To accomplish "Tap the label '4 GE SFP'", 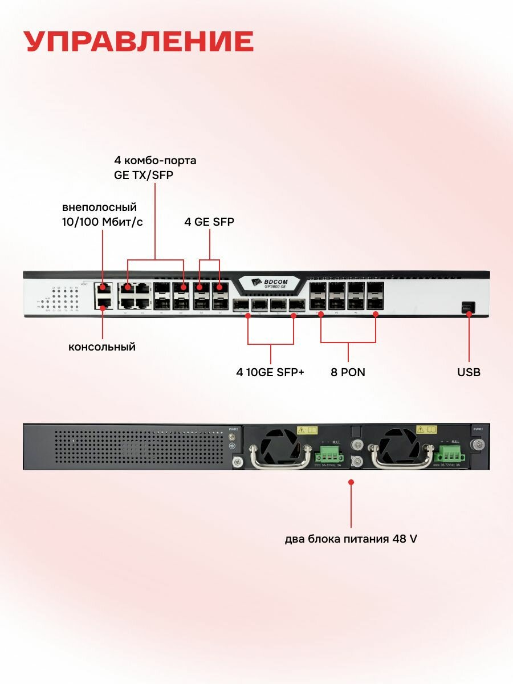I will pyautogui.click(x=209, y=222).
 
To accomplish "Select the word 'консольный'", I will pyautogui.click(x=102, y=347).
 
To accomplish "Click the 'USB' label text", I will pyautogui.click(x=469, y=372).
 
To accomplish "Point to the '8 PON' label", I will pyautogui.click(x=348, y=372).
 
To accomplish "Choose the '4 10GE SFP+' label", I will pyautogui.click(x=270, y=372).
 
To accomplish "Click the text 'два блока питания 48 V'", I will pyautogui.click(x=351, y=539).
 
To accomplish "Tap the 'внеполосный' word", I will pyautogui.click(x=100, y=207).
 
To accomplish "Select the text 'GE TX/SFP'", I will pyautogui.click(x=144, y=175).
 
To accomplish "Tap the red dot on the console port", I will pyautogui.click(x=103, y=309).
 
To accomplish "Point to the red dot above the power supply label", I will pyautogui.click(x=351, y=482).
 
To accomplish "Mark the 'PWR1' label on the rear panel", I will pyautogui.click(x=478, y=429).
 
